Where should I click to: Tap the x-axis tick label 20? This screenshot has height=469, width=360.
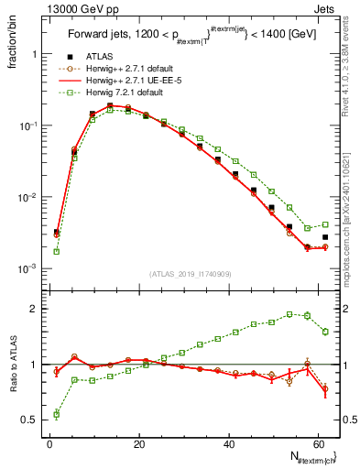click(139, 443)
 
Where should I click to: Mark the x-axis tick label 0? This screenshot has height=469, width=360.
click(50, 443)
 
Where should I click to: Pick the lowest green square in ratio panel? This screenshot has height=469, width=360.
click(57, 414)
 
